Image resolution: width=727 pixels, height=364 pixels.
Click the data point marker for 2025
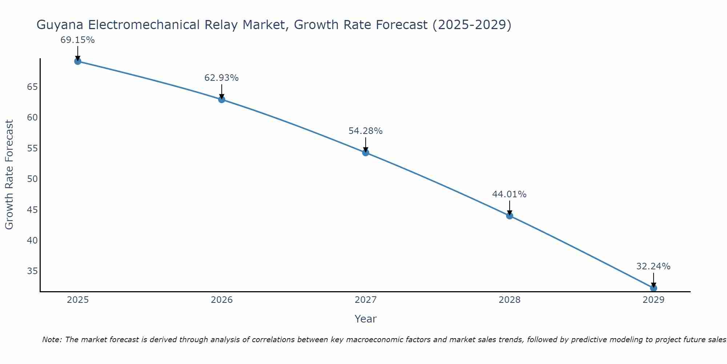pyautogui.click(x=78, y=61)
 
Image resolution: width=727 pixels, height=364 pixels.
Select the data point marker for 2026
pyautogui.click(x=222, y=99)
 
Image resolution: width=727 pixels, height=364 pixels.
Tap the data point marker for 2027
pyautogui.click(x=366, y=153)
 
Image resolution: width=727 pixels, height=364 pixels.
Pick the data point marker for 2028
pyautogui.click(x=510, y=215)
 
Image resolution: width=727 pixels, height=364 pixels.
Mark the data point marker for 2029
pyautogui.click(x=654, y=288)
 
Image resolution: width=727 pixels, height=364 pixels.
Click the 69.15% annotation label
pyautogui.click(x=77, y=40)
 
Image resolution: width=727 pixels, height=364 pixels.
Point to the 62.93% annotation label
pyautogui.click(x=221, y=78)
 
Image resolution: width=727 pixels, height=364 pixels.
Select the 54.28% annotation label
pyautogui.click(x=365, y=131)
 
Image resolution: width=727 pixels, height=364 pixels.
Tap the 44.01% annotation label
pyautogui.click(x=509, y=194)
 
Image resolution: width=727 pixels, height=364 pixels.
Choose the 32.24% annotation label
pyautogui.click(x=653, y=266)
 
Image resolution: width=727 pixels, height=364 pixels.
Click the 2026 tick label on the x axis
pyautogui.click(x=222, y=300)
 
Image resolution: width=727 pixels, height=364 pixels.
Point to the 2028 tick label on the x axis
pyautogui.click(x=510, y=300)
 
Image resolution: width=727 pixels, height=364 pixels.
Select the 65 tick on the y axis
pyautogui.click(x=32, y=87)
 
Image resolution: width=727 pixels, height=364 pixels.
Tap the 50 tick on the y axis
pyautogui.click(x=32, y=179)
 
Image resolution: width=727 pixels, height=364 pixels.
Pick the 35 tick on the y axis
pyautogui.click(x=32, y=271)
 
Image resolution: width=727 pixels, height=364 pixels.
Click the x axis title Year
pyautogui.click(x=365, y=319)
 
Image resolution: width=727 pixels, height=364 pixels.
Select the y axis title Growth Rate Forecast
pyautogui.click(x=9, y=174)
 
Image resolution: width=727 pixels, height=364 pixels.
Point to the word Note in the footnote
pyautogui.click(x=52, y=340)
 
